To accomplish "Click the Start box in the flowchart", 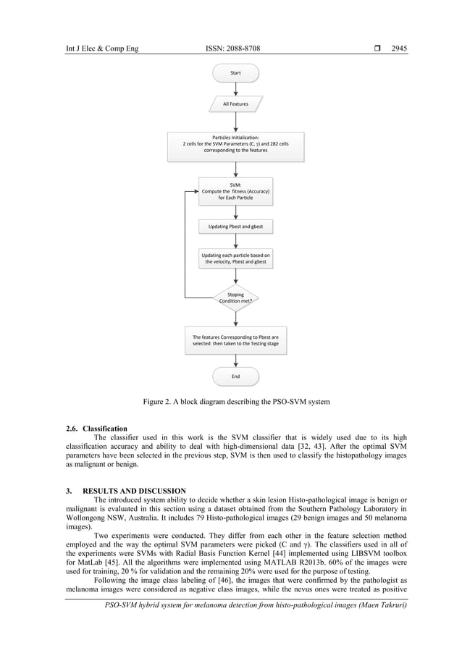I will (235, 73).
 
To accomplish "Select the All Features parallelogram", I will (235, 104).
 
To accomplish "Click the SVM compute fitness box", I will (235, 191).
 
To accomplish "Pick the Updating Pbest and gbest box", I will (235, 227).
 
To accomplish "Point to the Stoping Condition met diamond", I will (235, 298).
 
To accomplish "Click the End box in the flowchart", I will (235, 376).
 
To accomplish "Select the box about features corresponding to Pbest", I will (235, 340).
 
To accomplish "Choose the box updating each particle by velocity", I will (235, 258).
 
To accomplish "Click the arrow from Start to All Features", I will (235, 89).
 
